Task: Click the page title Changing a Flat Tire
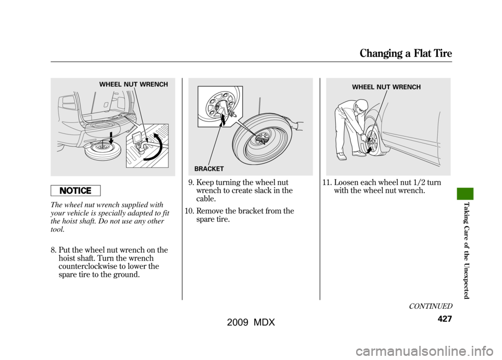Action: (406, 53)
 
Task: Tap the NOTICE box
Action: (75, 190)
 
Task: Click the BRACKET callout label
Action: (209, 169)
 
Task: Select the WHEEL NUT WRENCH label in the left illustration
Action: (133, 85)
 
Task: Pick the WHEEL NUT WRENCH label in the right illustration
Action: (386, 87)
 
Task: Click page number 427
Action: (444, 319)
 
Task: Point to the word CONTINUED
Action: (430, 306)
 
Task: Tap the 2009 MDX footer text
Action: (251, 322)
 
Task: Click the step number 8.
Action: (53, 250)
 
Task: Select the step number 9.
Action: (190, 183)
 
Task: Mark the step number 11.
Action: (327, 183)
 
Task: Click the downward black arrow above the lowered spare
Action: (110, 138)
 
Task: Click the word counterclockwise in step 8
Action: (87, 266)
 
